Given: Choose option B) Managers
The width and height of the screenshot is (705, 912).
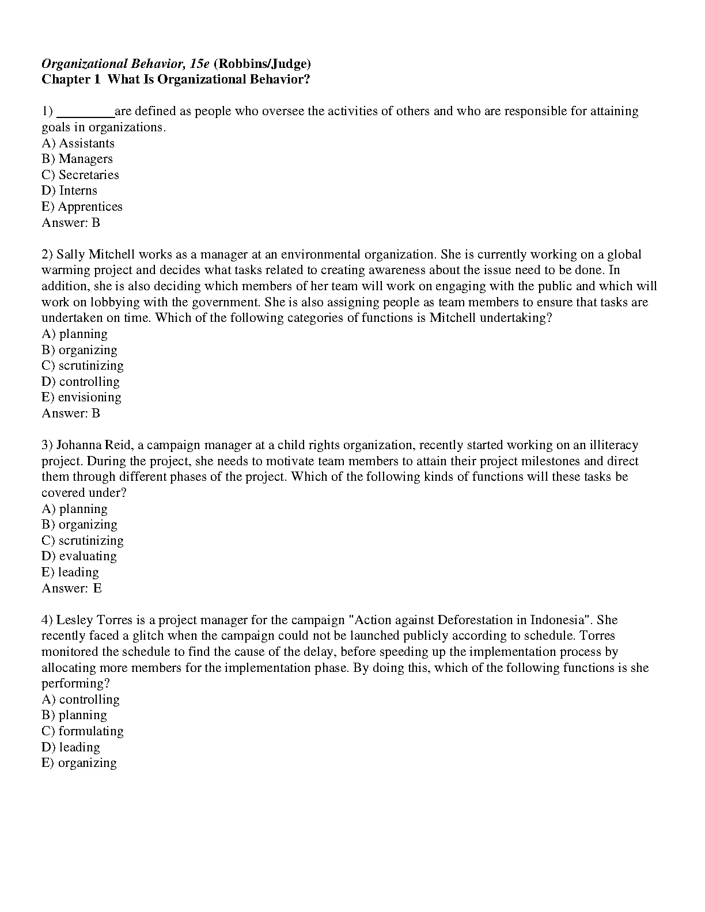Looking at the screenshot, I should [x=77, y=159].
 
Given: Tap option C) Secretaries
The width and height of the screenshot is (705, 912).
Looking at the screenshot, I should [x=80, y=175].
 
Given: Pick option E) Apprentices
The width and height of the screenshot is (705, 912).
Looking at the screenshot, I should [x=82, y=207].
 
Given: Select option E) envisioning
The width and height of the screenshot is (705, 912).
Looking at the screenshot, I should [x=81, y=397].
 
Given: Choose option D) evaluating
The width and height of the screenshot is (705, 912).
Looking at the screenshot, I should [x=79, y=556].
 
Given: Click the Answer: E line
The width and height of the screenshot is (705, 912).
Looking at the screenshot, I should [x=71, y=588].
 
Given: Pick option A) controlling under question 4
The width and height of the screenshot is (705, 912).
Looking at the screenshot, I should [x=81, y=700].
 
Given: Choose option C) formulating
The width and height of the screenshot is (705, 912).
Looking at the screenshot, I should [x=82, y=731].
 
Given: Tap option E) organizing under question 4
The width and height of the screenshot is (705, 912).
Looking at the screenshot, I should [x=79, y=763].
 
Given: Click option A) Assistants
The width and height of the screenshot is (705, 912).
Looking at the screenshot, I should [x=78, y=143].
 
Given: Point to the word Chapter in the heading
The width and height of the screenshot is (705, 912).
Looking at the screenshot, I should [x=63, y=79].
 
